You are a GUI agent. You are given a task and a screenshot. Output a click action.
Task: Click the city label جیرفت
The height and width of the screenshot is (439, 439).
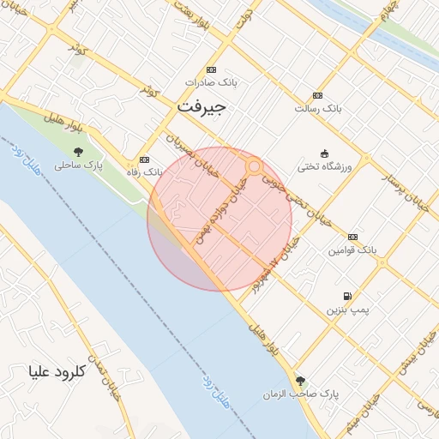pyautogui.click(x=201, y=108)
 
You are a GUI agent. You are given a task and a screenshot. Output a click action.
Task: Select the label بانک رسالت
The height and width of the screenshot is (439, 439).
pyautogui.click(x=318, y=109)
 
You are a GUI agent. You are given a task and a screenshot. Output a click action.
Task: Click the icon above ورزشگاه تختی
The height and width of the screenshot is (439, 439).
pyautogui.click(x=324, y=153)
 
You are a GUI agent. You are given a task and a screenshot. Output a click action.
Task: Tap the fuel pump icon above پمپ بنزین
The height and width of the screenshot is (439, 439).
pyautogui.click(x=346, y=295)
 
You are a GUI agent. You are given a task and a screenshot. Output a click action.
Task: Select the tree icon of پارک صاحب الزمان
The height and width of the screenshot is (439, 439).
pyautogui.click(x=299, y=381)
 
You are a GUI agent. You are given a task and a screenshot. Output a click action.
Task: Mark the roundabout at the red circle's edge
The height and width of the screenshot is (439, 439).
pyautogui.click(x=254, y=165)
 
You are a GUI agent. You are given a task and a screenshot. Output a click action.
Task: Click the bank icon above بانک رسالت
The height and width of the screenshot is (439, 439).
pyautogui.click(x=318, y=95)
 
